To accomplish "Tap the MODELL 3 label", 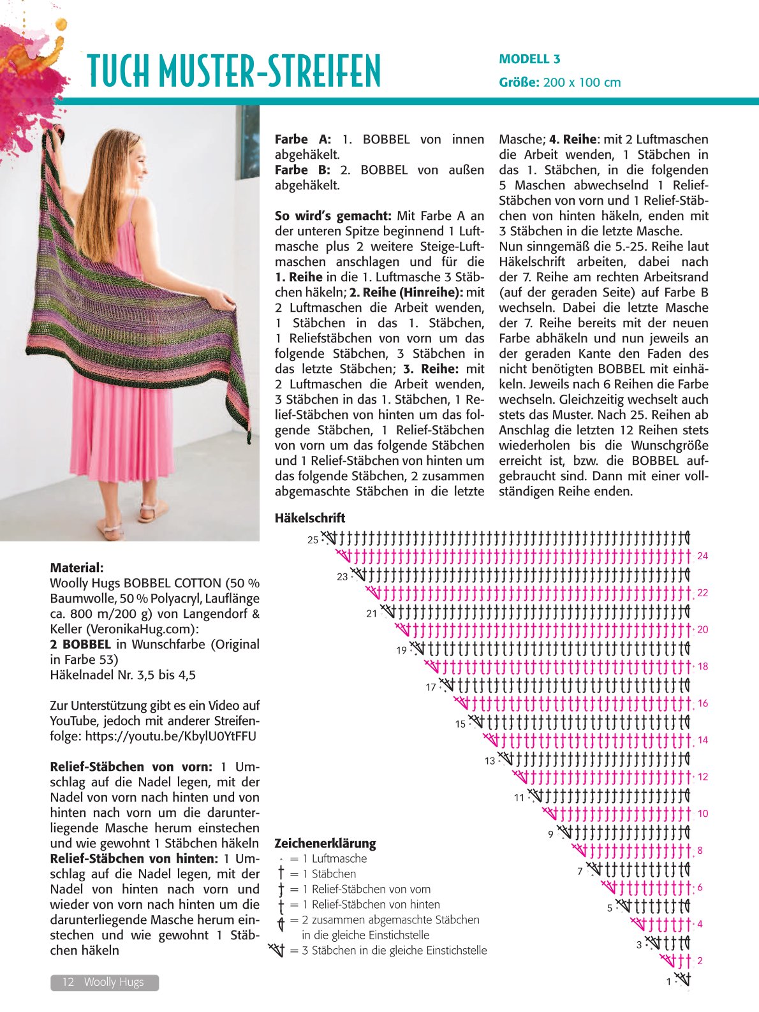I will pos(529,59).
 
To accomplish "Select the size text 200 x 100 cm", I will pos(582,82).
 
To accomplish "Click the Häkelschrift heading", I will pos(310,518).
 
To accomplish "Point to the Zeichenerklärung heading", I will pos(325,843).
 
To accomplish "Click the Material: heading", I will pos(77,568).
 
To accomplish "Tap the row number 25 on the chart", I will pos(313,540).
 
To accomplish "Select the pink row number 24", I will pos(702,556).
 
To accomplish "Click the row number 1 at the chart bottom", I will pos(668,982).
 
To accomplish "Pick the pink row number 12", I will pos(702,777).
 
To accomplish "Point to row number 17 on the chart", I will pos(431,687).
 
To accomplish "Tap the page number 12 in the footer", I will pos(68,982).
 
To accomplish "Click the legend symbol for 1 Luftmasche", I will pos(281,860).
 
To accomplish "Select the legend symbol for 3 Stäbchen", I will pos(277,950).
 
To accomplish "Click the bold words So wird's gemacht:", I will pos(333,216).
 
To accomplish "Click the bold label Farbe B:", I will pos(302,170).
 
